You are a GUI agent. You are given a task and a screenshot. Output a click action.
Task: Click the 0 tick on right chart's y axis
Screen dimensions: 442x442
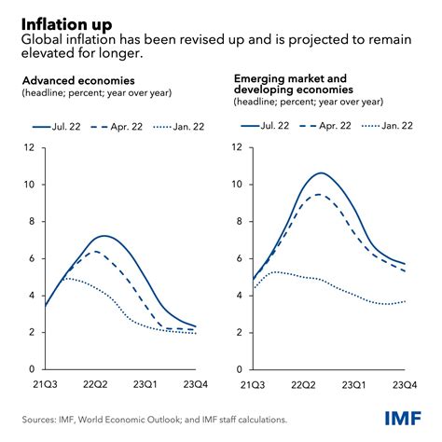pyautogui.click(x=240, y=369)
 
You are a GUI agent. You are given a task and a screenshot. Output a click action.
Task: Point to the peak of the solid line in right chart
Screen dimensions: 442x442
pyautogui.click(x=321, y=173)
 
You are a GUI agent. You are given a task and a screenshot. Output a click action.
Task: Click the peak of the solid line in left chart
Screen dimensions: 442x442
pyautogui.click(x=104, y=236)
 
